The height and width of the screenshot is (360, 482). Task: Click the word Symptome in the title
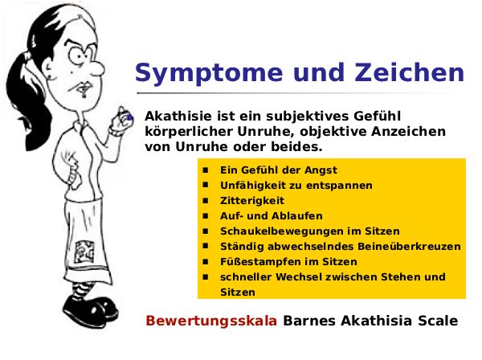coord(209,73)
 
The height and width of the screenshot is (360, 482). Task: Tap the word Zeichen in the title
coord(409,72)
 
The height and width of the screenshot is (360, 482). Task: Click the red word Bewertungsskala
coord(211,321)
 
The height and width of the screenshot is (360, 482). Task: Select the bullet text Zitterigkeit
coord(252,200)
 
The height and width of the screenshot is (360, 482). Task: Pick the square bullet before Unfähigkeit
coord(206,185)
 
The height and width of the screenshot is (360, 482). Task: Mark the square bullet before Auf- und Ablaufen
coord(206,215)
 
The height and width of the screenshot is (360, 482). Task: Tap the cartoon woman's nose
coord(98,68)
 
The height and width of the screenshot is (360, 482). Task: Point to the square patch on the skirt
coord(84,252)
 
